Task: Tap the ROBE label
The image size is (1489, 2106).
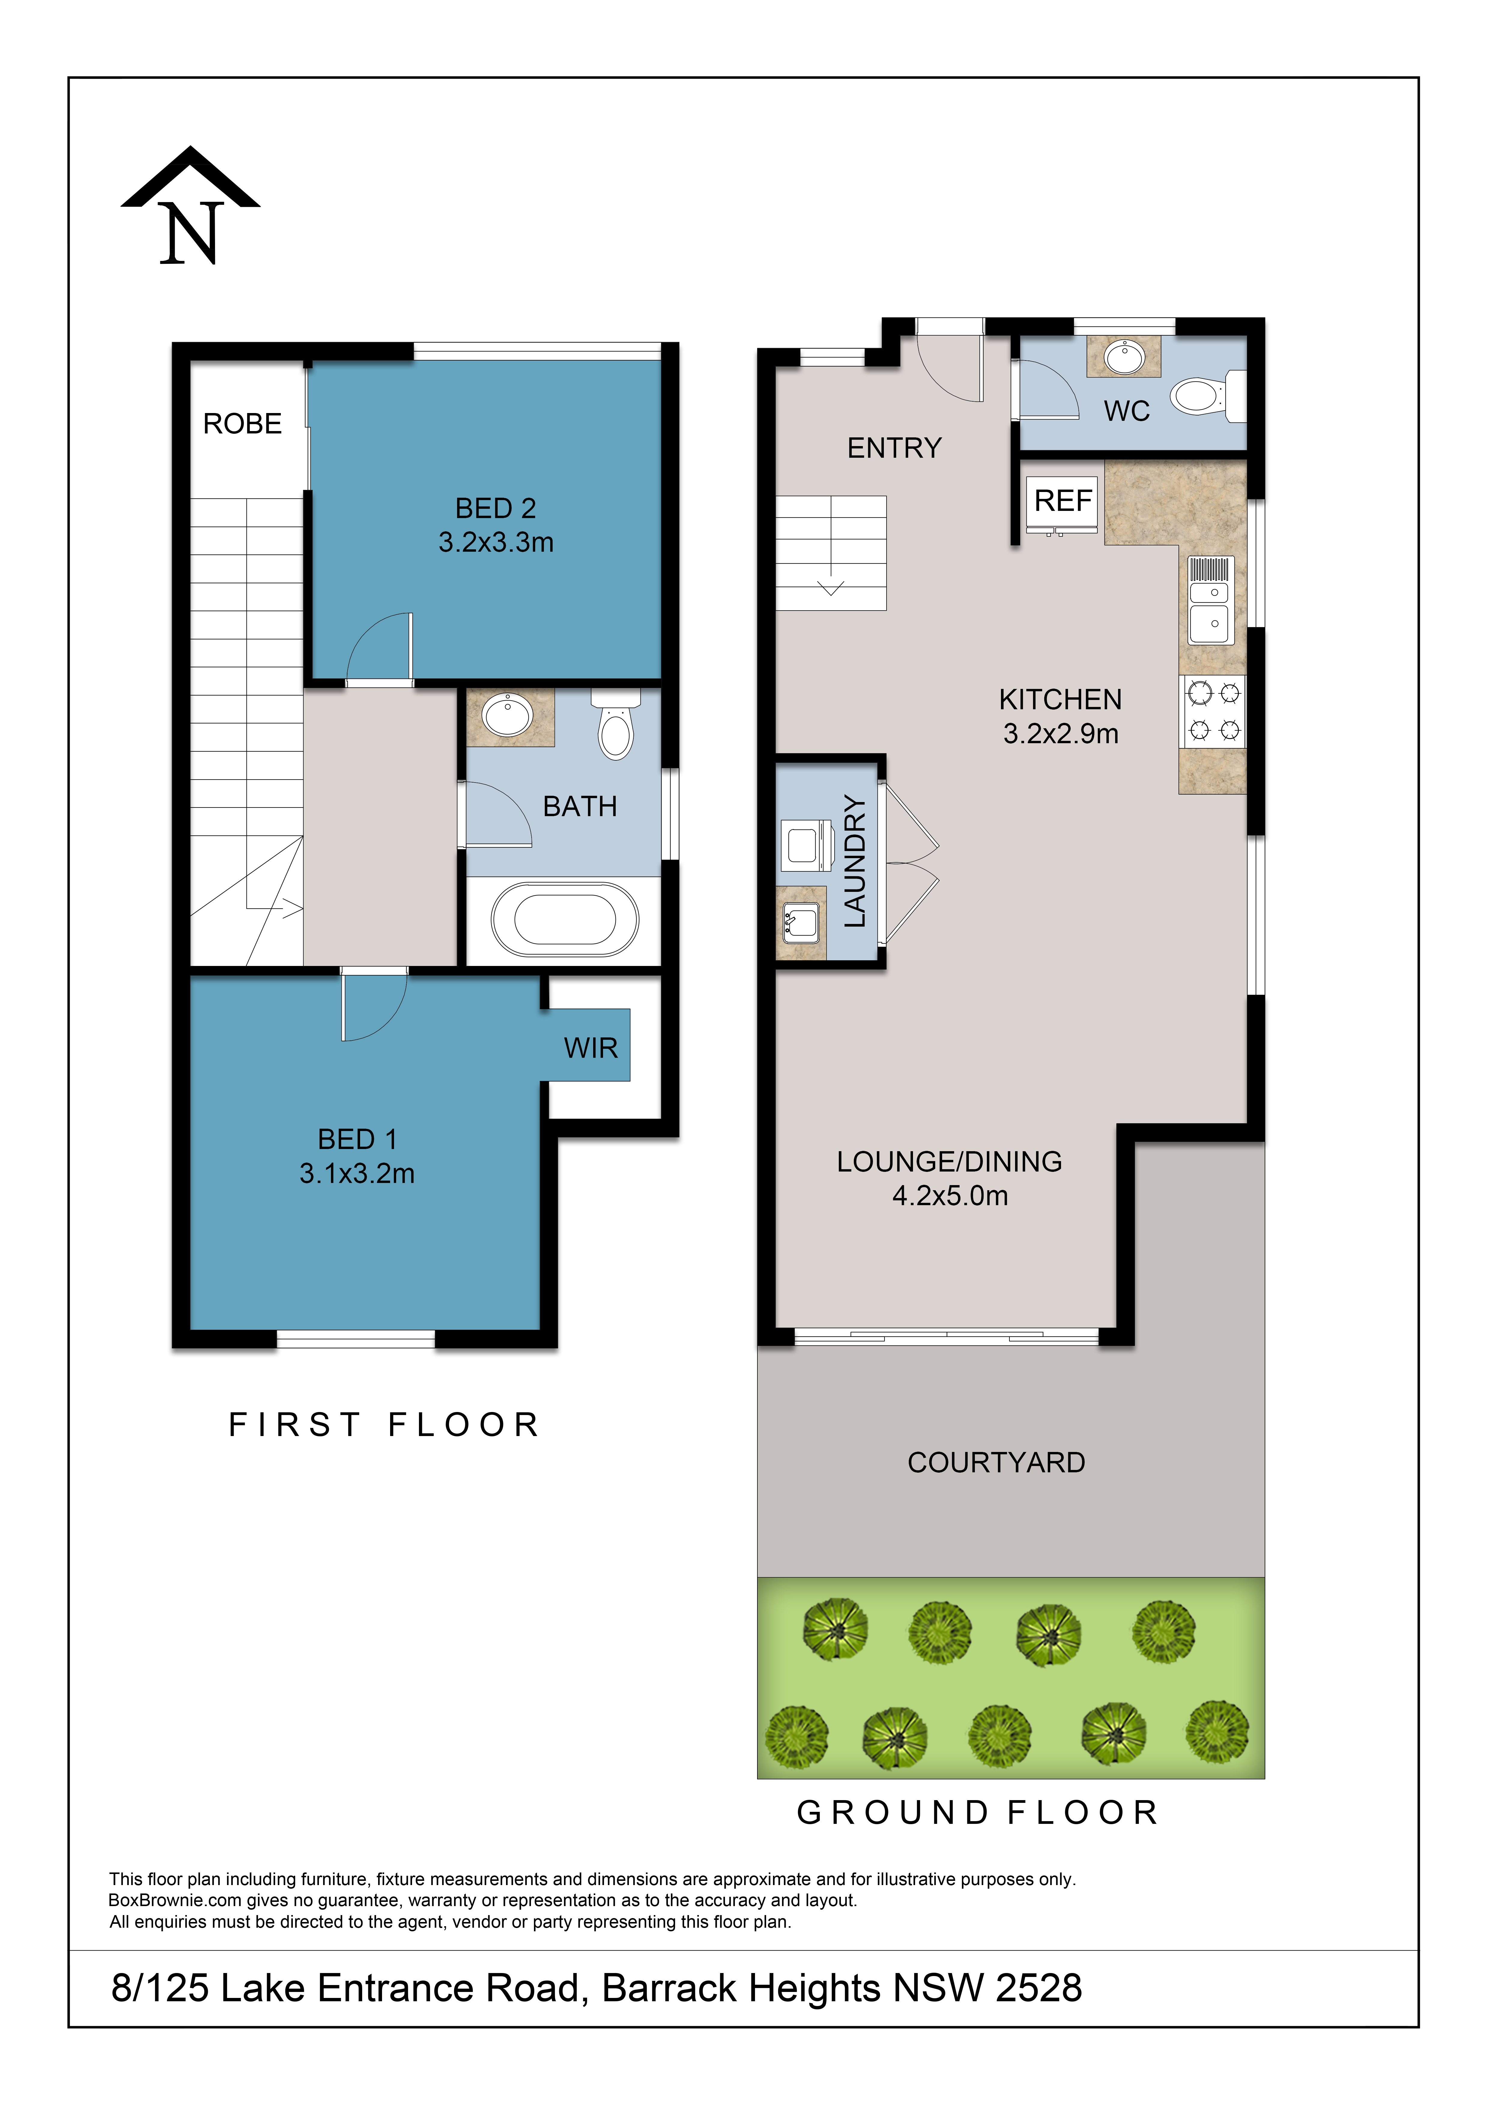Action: point(242,424)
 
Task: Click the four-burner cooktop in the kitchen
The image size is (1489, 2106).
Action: point(1213,711)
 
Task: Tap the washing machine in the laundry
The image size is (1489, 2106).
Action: point(805,845)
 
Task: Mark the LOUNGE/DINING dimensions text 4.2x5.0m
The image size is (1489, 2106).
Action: point(951,1195)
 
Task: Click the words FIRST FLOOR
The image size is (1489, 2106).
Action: point(384,1425)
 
